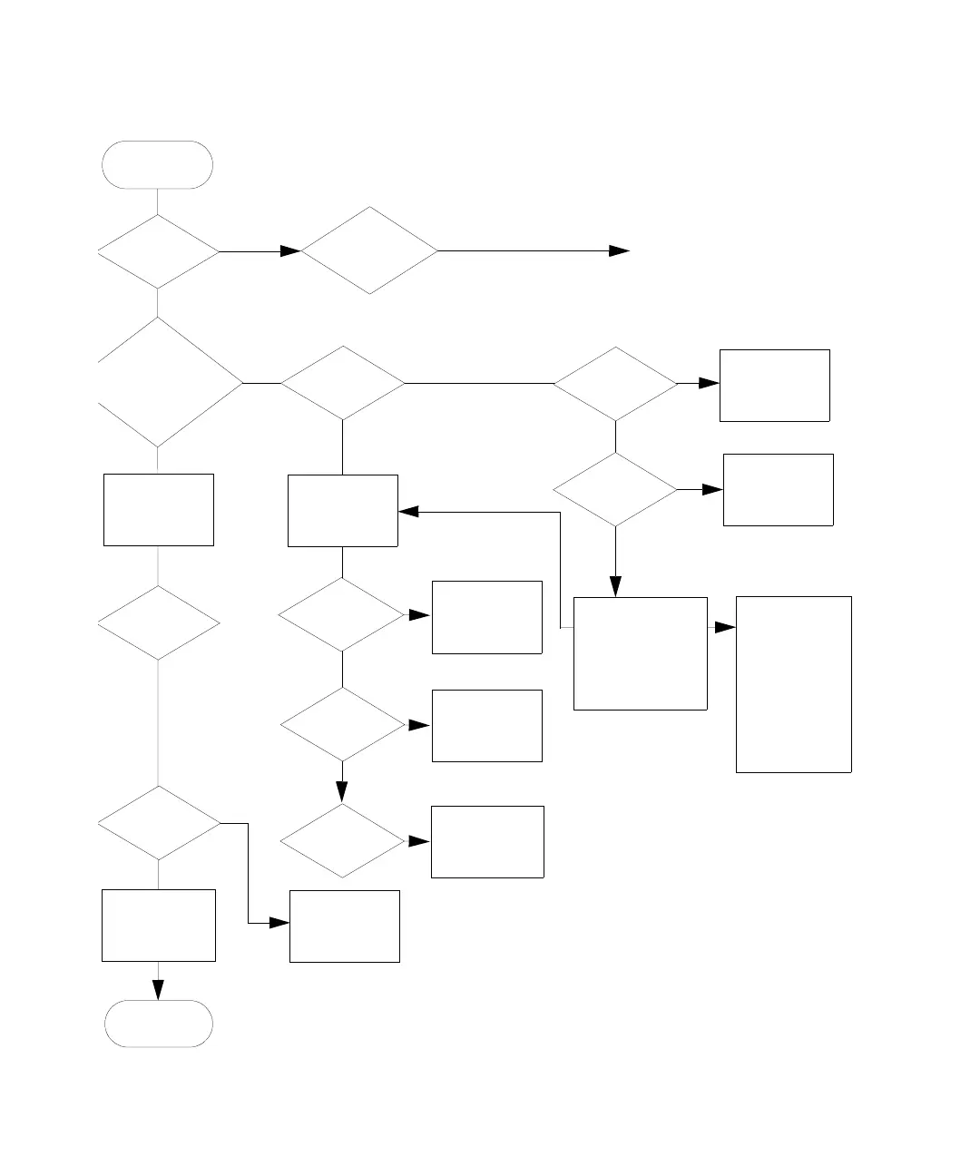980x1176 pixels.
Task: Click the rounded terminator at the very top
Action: (158, 165)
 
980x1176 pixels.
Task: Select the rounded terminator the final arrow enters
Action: (159, 1024)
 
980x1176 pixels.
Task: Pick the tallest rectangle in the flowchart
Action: (793, 684)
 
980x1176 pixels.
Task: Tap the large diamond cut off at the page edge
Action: (163, 383)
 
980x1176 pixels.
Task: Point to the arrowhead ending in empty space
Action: (620, 250)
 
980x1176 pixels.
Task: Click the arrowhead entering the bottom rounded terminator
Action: (159, 991)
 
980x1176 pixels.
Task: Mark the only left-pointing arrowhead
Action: (408, 512)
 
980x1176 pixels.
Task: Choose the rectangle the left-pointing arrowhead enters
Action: (342, 511)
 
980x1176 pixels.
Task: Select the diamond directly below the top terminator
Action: (158, 251)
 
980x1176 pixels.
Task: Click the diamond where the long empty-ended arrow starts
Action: (369, 250)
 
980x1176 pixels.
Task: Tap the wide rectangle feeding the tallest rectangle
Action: (640, 653)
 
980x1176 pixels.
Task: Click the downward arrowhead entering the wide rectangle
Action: (615, 589)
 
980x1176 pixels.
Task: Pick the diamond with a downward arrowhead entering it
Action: (342, 840)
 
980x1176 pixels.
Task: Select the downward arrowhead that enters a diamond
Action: (342, 795)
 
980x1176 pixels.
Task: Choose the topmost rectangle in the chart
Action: (774, 385)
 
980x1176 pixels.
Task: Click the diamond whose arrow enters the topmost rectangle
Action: (615, 384)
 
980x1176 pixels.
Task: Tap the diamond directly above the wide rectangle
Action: (615, 490)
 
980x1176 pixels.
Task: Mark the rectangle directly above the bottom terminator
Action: (159, 926)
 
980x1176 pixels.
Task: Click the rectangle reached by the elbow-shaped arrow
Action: (344, 926)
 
